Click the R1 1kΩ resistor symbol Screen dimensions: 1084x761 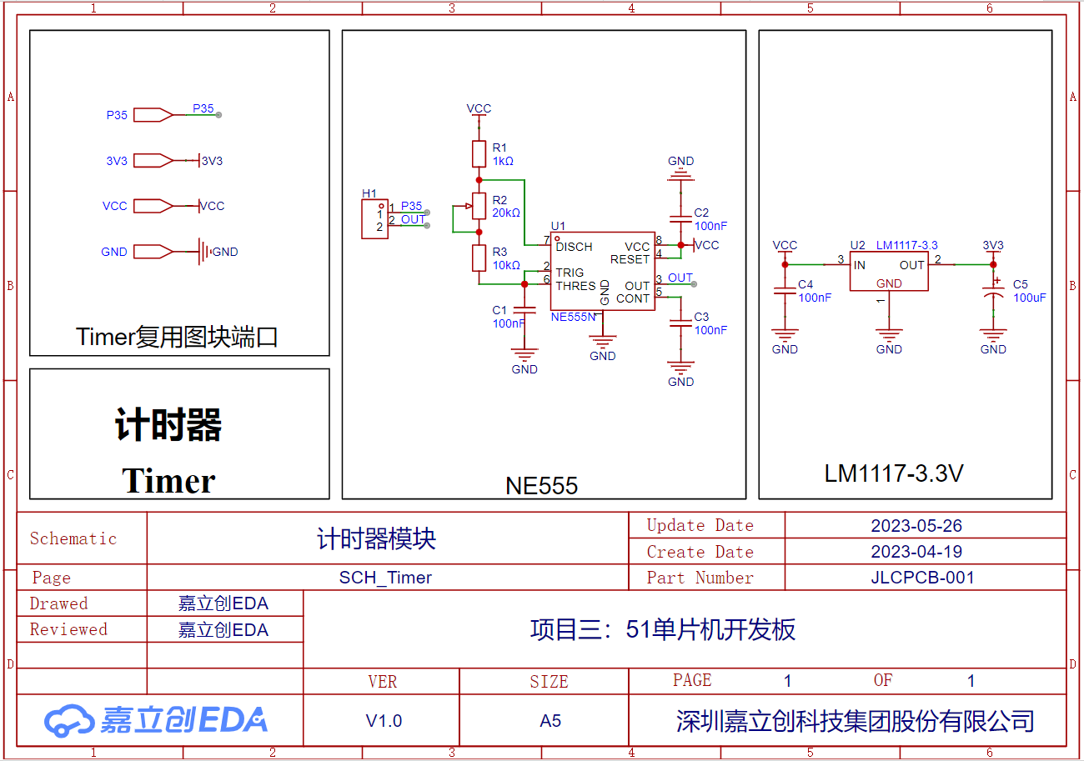click(x=479, y=154)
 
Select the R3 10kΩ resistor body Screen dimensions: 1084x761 click(x=479, y=258)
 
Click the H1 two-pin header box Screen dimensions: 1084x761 click(x=374, y=219)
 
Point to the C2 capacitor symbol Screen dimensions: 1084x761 click(x=680, y=219)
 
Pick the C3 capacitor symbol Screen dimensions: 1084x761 click(x=680, y=323)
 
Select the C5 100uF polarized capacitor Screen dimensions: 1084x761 click(x=993, y=292)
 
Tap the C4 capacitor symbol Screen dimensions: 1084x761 click(x=785, y=291)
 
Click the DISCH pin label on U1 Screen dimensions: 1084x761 click(x=574, y=247)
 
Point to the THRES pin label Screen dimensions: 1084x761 click(x=575, y=286)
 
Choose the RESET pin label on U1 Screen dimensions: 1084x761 click(x=630, y=259)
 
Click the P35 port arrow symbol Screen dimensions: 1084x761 click(x=153, y=115)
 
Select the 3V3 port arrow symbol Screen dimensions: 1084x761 click(x=153, y=160)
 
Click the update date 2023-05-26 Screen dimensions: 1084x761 click(x=916, y=525)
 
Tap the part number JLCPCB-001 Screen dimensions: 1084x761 click(x=922, y=577)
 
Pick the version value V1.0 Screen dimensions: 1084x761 click(x=384, y=720)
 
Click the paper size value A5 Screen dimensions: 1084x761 click(x=550, y=720)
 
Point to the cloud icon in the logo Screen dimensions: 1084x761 click(x=68, y=720)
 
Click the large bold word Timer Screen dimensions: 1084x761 click(x=168, y=481)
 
